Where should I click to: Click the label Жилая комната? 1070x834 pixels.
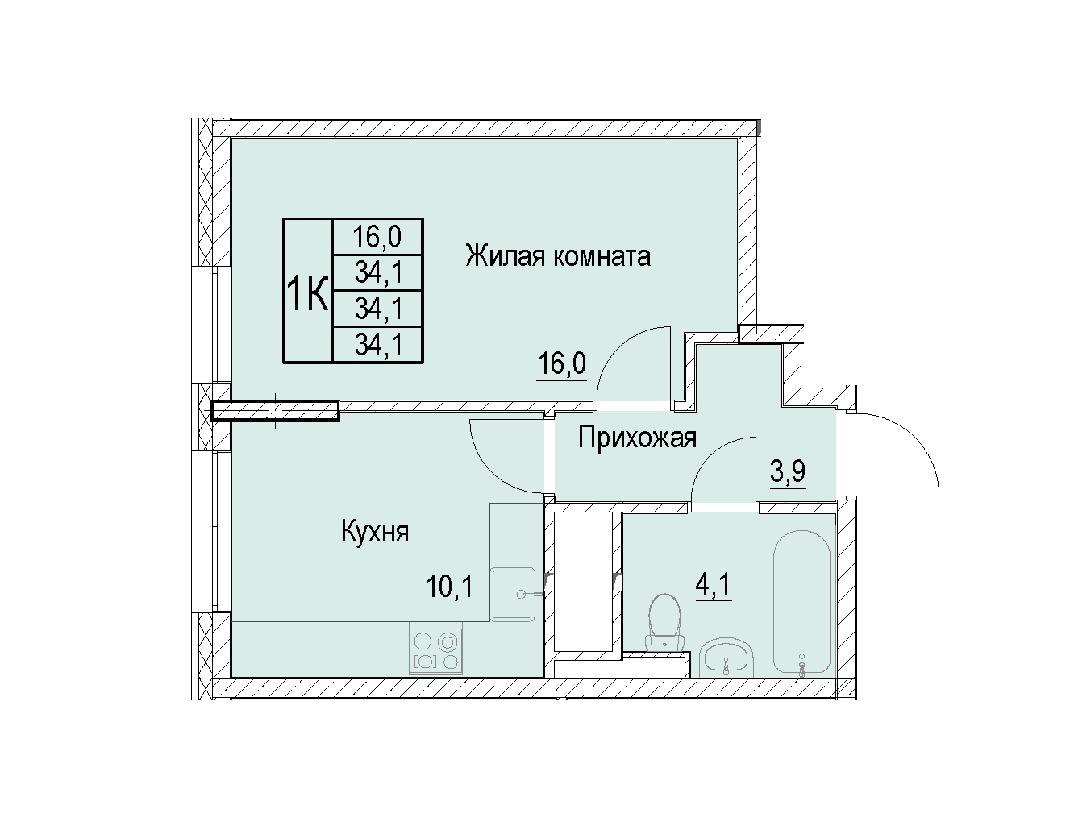558,256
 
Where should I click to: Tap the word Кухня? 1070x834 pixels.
375,533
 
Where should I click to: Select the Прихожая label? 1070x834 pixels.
637,438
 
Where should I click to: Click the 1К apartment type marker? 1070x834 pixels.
307,293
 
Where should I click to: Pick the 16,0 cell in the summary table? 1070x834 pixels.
377,237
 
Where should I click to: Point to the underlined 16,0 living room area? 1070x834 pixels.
562,364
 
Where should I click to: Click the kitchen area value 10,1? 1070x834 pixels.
450,586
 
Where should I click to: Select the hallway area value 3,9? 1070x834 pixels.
788,471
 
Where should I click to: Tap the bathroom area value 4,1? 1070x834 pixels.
714,584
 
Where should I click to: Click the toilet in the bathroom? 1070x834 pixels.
664,622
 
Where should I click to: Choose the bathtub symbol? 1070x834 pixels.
801,602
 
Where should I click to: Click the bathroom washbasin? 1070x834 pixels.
727,658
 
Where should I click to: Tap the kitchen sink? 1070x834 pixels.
513,595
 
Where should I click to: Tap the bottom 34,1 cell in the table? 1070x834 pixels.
378,345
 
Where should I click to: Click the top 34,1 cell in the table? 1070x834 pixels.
378,272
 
